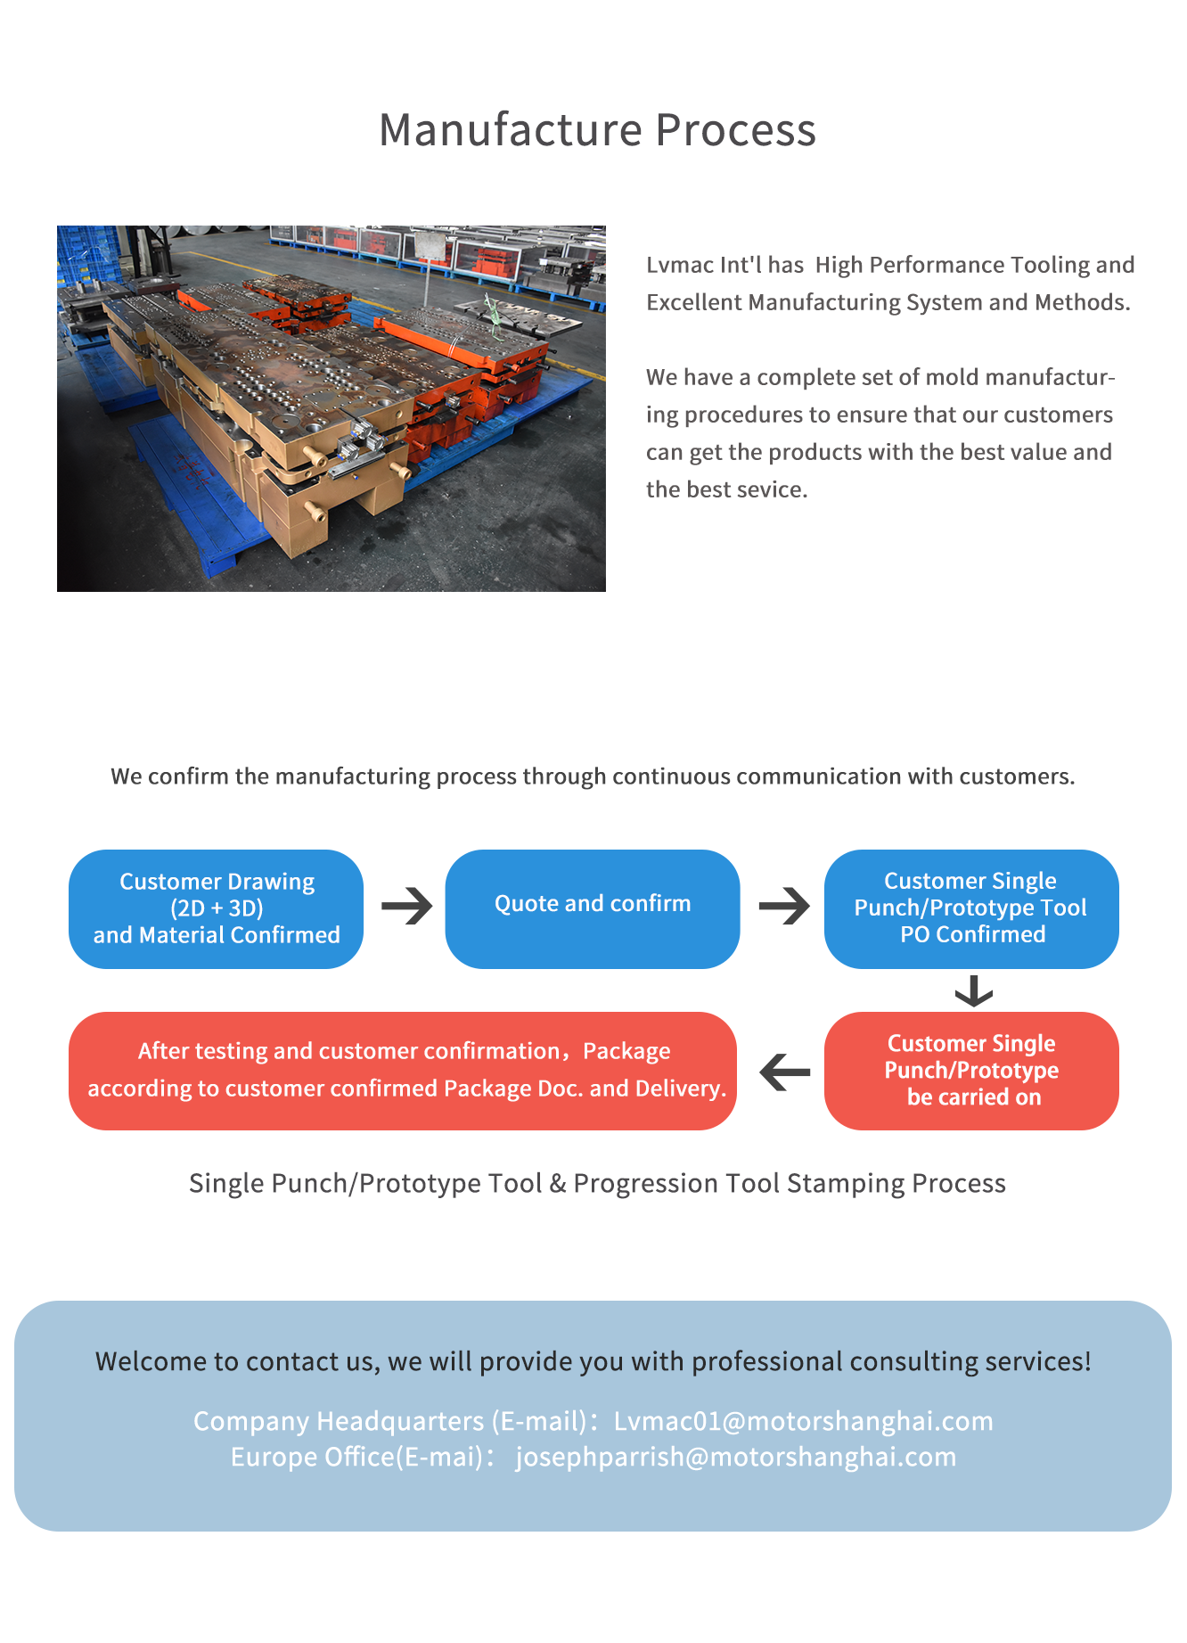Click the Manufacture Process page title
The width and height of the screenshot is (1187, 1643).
(597, 130)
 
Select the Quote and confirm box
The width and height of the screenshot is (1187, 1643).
(593, 908)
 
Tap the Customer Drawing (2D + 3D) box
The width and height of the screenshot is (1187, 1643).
(217, 908)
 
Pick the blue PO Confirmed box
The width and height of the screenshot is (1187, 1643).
(971, 908)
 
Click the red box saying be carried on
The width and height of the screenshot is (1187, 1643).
(971, 1071)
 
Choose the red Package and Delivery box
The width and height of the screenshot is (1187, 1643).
(403, 1071)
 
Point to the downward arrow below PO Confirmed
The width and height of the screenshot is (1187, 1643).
(973, 990)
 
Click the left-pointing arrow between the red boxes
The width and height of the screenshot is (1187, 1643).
(785, 1072)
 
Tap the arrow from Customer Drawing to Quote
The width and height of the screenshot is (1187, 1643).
(407, 907)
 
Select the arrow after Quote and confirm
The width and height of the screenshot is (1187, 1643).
(785, 907)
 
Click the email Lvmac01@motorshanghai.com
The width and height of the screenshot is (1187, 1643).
(804, 1421)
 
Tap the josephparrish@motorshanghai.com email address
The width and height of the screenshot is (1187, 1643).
(736, 1457)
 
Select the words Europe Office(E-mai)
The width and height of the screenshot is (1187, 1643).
(356, 1457)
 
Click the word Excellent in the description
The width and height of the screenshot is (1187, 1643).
(694, 302)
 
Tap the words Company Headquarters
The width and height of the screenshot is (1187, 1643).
(339, 1421)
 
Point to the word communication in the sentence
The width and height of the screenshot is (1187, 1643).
(819, 776)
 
